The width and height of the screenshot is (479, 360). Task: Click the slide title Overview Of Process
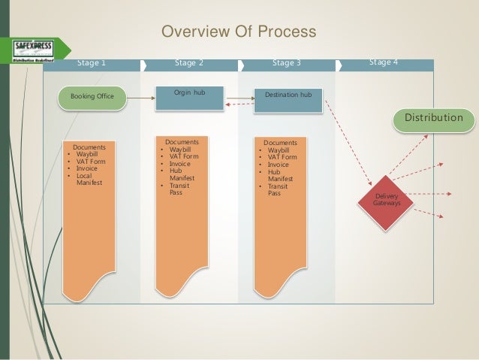click(239, 32)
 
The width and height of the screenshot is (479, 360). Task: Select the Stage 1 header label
click(92, 63)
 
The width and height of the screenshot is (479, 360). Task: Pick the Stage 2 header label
click(189, 63)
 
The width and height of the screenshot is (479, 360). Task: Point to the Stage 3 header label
click(286, 63)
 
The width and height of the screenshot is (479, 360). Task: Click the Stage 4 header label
click(384, 62)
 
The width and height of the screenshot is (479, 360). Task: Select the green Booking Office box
click(93, 96)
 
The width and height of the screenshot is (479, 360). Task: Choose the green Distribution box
click(434, 119)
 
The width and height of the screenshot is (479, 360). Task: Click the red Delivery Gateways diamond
click(387, 199)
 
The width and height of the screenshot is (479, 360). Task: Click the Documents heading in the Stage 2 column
click(182, 141)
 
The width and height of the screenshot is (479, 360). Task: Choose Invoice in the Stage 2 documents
click(180, 163)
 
